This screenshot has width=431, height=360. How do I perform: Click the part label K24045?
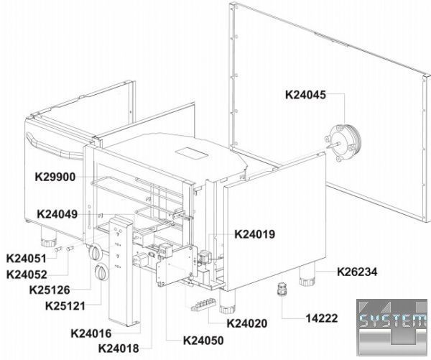(305, 95)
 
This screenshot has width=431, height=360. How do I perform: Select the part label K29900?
(55, 177)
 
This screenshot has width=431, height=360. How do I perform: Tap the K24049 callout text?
(57, 214)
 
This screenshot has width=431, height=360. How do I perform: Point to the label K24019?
(254, 234)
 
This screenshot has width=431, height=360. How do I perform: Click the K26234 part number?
(357, 272)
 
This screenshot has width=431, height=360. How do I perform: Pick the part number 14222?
(322, 318)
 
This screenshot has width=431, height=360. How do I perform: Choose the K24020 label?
(247, 323)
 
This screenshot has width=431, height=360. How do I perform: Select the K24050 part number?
(203, 341)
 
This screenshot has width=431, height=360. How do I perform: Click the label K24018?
(119, 349)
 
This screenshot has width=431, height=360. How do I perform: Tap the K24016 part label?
(91, 333)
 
